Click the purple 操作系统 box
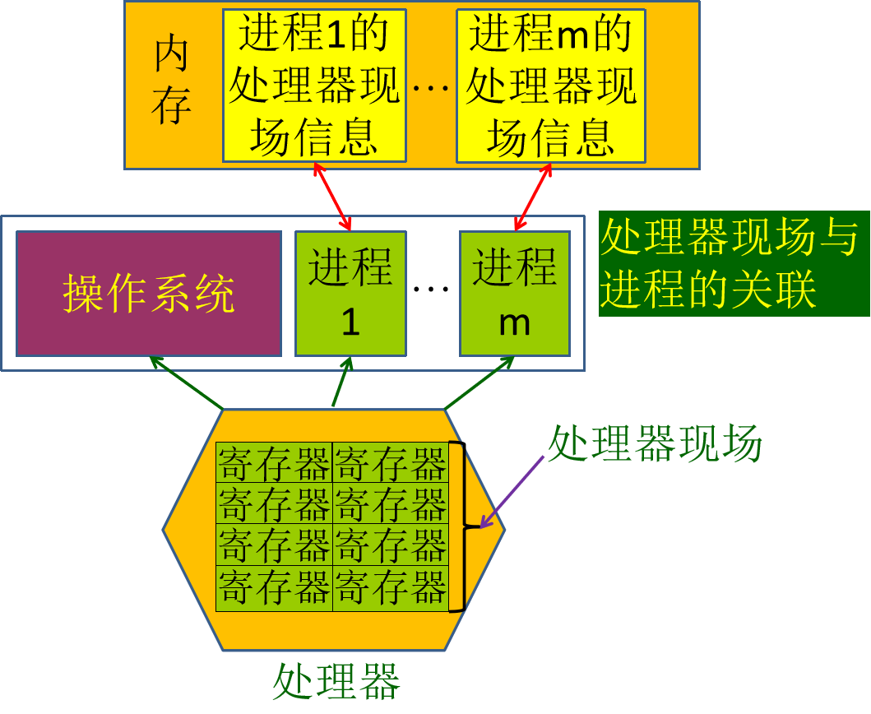click(x=149, y=294)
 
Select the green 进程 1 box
click(x=350, y=294)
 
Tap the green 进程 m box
click(x=515, y=294)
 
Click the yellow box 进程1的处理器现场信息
click(x=314, y=86)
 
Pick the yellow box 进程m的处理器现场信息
click(x=550, y=86)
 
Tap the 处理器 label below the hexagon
click(x=336, y=681)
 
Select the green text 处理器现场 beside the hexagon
click(x=655, y=445)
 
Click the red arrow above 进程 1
click(x=332, y=197)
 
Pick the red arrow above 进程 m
click(x=533, y=197)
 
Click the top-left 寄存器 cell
click(x=274, y=462)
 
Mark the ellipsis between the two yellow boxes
click(x=431, y=86)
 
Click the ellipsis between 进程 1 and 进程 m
click(x=432, y=289)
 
